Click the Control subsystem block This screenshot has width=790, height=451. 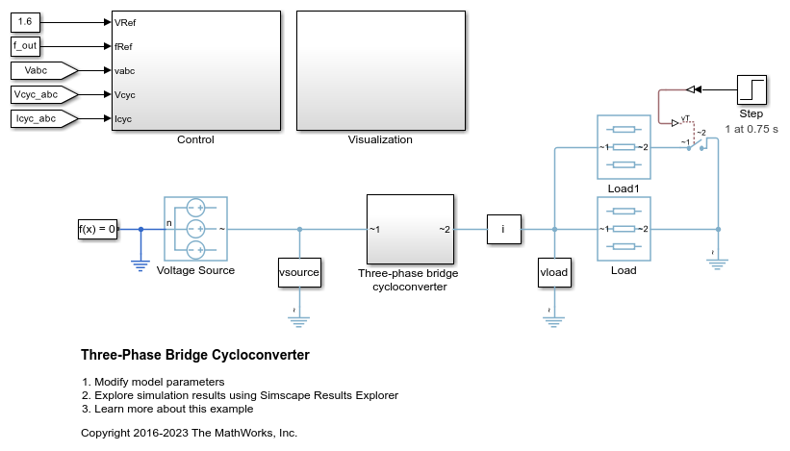tap(195, 70)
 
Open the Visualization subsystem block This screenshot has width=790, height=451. tap(380, 70)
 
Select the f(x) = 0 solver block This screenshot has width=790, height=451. tap(97, 229)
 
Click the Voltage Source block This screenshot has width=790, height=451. tap(195, 229)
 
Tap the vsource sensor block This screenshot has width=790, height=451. tap(299, 272)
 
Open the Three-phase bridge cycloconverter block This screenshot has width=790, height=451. tap(411, 229)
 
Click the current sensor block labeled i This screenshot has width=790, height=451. tap(503, 229)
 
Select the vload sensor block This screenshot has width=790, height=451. tap(555, 272)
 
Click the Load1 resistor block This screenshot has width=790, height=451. tap(624, 147)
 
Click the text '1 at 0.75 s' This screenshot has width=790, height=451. tap(752, 128)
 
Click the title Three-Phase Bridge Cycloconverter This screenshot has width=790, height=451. tap(195, 355)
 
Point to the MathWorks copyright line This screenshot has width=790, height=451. tap(190, 433)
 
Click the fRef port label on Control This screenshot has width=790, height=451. tap(124, 45)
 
